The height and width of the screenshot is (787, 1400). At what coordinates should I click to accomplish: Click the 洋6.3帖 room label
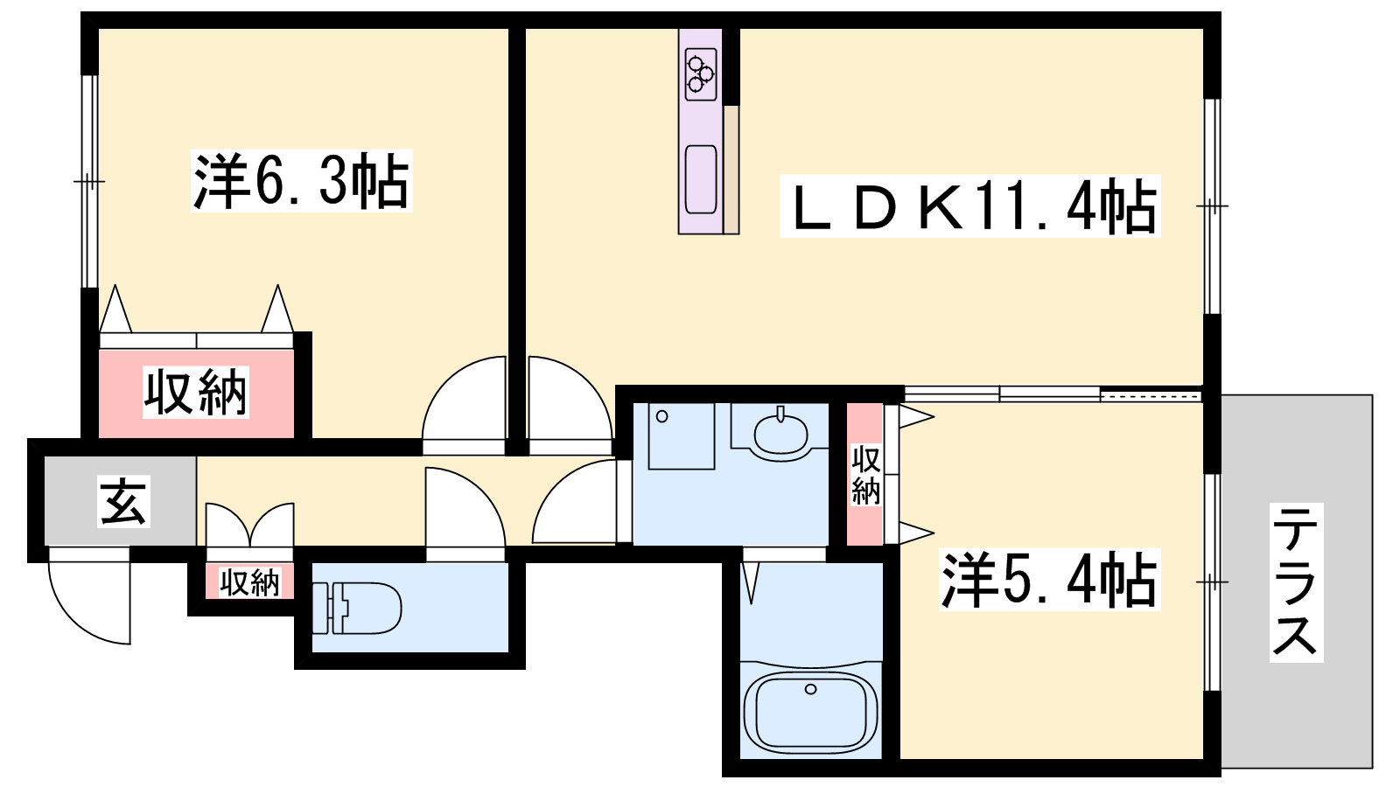pos(301,181)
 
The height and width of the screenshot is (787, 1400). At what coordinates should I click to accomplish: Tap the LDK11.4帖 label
pos(970,206)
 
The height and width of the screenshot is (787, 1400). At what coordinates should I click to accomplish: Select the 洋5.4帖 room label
pos(1050,580)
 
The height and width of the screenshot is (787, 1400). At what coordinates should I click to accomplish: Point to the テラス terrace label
pos(1296,582)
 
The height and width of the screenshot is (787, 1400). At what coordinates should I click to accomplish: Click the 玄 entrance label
pos(123,502)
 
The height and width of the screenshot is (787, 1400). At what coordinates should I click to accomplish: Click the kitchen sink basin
pos(701,180)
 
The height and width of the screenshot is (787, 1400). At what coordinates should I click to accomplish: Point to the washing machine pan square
pos(682,436)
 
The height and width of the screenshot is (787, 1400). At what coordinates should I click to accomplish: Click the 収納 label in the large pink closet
pos(196,393)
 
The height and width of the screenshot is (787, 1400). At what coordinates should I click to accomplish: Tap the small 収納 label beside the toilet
pos(249,582)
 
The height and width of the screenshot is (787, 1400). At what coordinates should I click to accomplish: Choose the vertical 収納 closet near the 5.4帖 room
pos(865,475)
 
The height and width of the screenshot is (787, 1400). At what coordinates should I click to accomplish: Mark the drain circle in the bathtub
pos(810,690)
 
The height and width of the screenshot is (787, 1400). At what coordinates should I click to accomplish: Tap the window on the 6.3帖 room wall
pos(90,181)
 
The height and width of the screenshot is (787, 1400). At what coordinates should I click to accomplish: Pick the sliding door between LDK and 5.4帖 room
pos(1053,394)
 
